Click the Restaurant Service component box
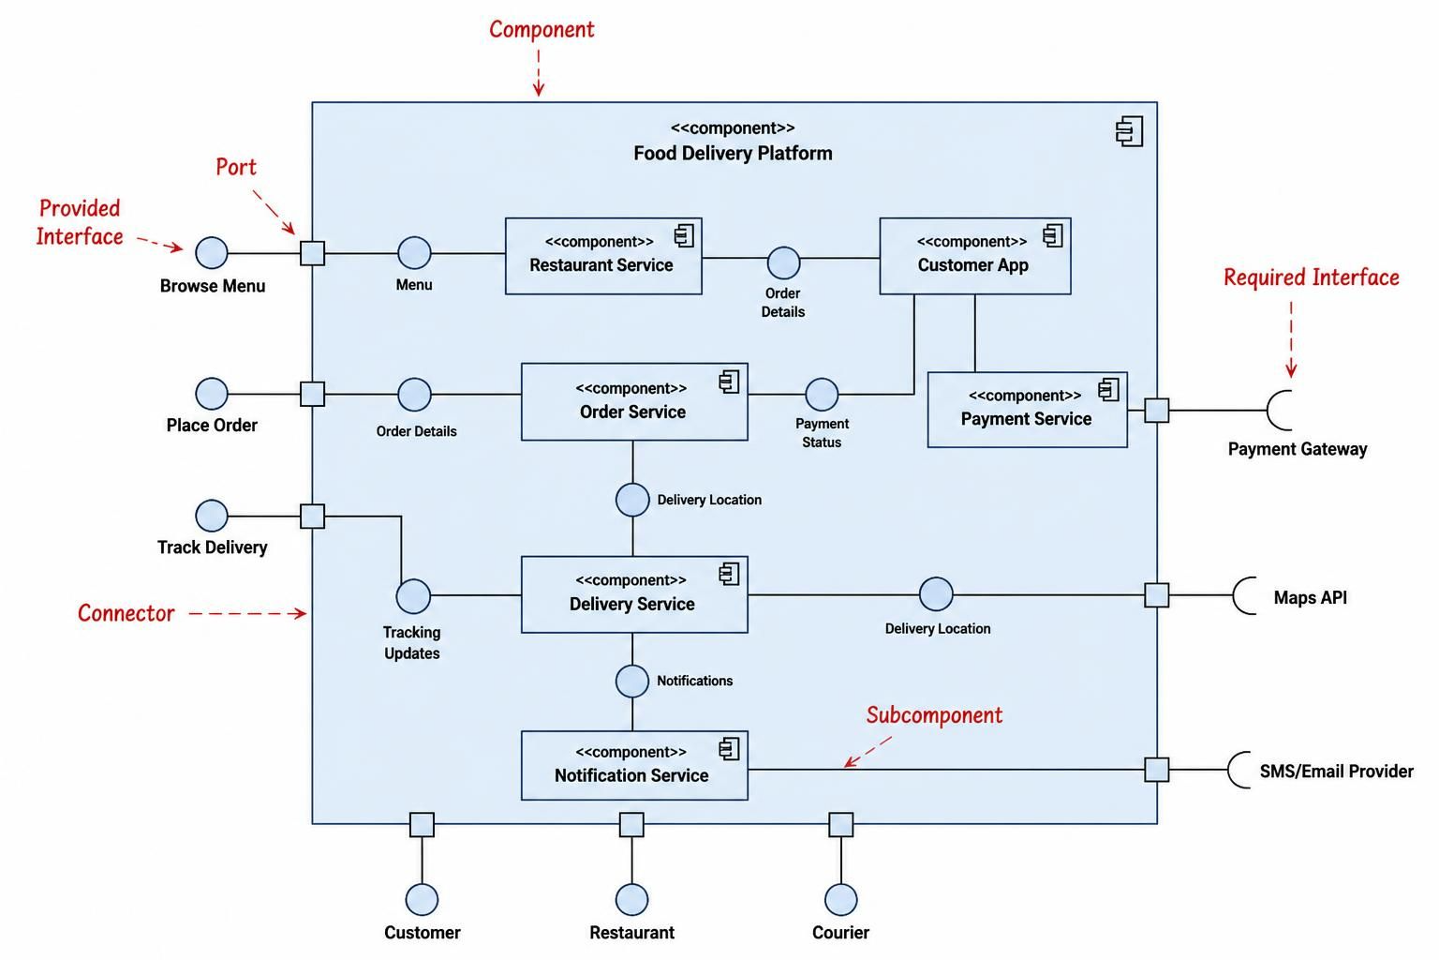pos(603,256)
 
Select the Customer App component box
pos(974,256)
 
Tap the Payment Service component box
pos(1027,410)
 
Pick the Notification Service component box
pos(634,765)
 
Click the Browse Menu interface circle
pos(212,252)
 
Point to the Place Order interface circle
pos(212,394)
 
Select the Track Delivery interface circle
pos(212,516)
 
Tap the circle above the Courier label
pos(840,899)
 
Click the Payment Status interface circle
pos(822,394)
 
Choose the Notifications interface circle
pos(632,681)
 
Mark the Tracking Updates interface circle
pos(413,596)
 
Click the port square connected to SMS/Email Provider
pos(1156,770)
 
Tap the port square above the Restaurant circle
pos(631,824)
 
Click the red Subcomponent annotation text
pos(934,715)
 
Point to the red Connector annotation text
pos(126,613)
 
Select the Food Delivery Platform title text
pos(733,153)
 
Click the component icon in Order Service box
pos(729,382)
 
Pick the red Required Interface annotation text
pos(1312,277)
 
